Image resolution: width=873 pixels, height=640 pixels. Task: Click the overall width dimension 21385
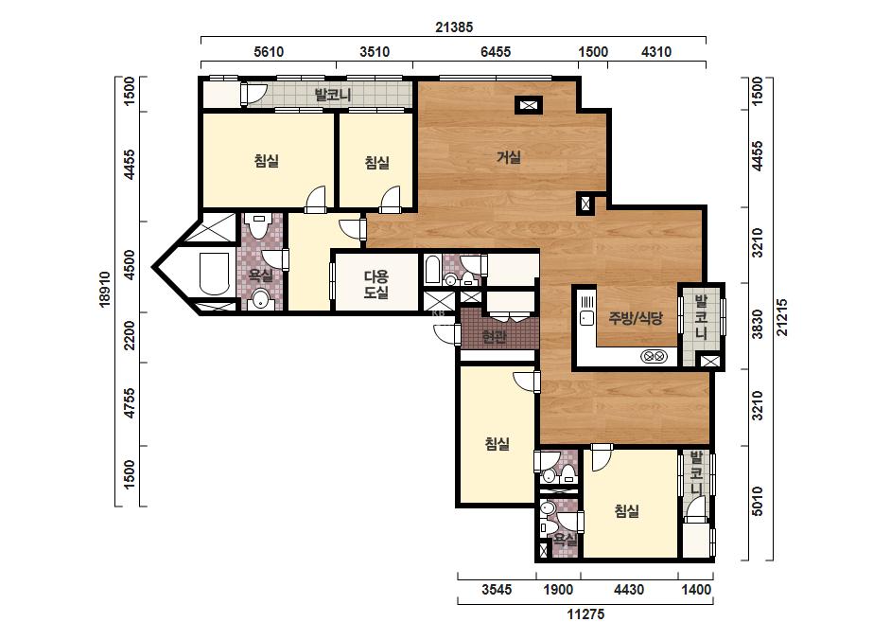pos(454,27)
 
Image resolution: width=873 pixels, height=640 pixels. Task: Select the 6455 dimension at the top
pos(496,52)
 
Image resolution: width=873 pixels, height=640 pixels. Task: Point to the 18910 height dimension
pos(106,289)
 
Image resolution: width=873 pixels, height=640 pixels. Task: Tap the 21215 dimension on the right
pos(782,317)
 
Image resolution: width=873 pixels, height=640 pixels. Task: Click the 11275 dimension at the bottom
pos(585,614)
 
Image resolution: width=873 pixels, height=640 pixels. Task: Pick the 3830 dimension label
pos(758,325)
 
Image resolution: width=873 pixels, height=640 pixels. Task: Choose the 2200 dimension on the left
pos(130,335)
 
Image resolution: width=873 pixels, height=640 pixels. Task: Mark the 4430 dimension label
pos(629,589)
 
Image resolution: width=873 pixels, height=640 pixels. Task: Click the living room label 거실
pos(509,157)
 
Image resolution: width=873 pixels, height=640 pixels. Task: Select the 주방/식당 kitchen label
pos(636,318)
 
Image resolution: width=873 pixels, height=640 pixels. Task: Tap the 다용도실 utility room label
pos(375,284)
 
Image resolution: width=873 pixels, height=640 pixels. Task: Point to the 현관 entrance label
pos(494,337)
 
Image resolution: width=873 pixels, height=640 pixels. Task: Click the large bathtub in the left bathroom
pos(214,274)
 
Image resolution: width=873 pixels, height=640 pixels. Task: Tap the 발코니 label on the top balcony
pos(332,95)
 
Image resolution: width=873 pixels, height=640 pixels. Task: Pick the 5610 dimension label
pos(269,52)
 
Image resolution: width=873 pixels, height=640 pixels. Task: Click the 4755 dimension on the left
pos(130,403)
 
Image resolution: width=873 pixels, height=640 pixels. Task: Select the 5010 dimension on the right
pos(758,501)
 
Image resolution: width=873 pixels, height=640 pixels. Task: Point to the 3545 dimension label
pos(497,589)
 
